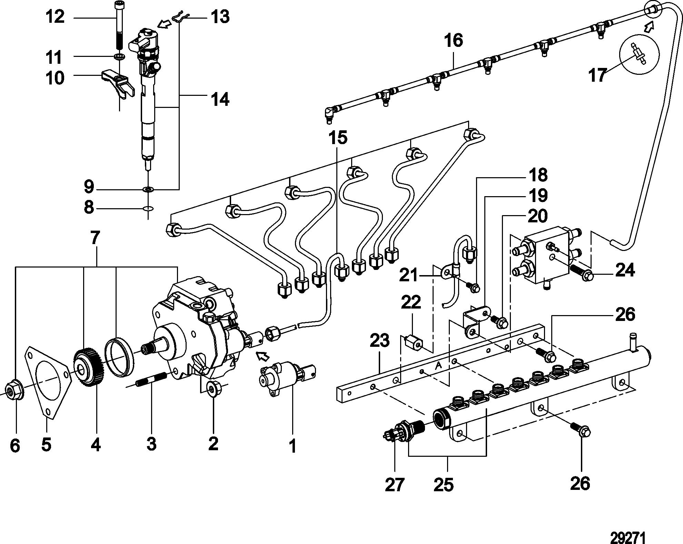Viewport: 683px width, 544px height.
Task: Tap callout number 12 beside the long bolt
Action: tap(55, 17)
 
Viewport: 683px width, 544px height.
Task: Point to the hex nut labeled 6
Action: tap(14, 390)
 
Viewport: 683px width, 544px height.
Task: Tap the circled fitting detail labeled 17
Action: tap(639, 54)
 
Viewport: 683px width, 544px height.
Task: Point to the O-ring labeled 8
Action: tap(148, 209)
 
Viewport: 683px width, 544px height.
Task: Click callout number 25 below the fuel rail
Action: tap(444, 485)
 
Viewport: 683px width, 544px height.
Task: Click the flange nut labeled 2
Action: tap(214, 389)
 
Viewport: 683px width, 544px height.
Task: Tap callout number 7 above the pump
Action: tap(95, 238)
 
